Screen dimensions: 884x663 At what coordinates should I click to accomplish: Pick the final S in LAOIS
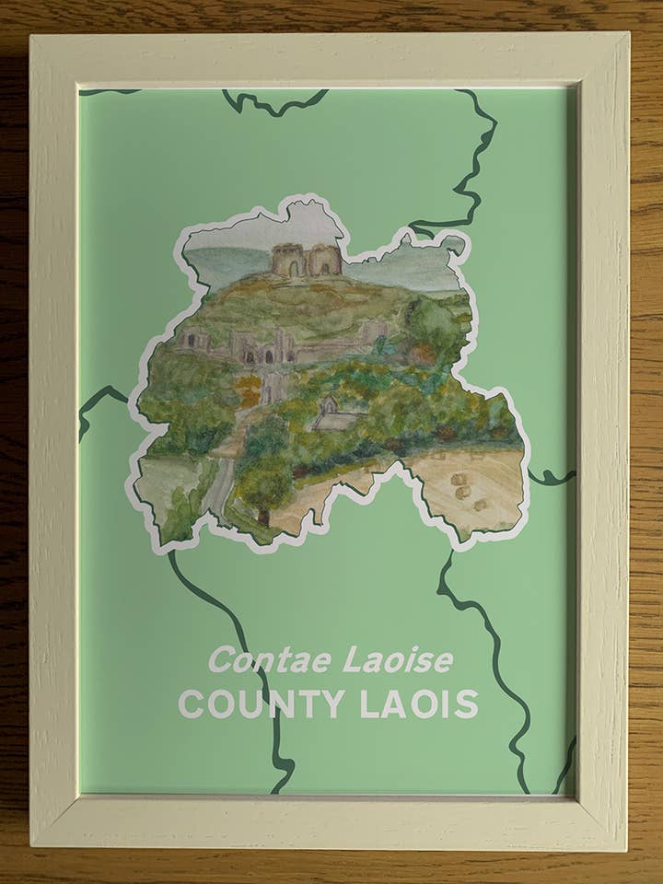[x=468, y=704]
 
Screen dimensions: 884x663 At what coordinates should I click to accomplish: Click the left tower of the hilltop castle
[x=287, y=261]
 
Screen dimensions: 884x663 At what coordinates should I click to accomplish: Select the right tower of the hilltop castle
[x=324, y=260]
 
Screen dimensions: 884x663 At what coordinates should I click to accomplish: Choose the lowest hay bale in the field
[x=479, y=505]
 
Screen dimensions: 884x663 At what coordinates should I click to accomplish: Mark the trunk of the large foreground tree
[x=264, y=517]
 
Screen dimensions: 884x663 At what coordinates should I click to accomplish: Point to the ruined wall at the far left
[x=195, y=340]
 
